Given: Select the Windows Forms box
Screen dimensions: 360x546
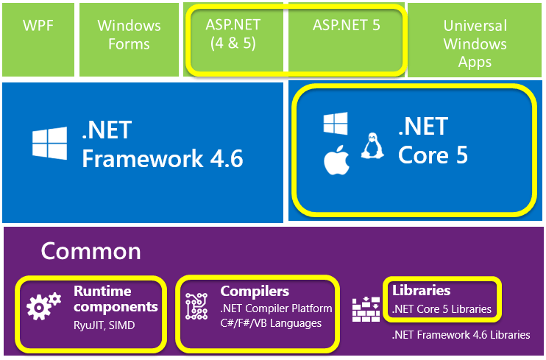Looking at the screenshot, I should point(129,35).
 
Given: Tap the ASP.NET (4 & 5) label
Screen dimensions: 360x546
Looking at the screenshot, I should point(233,34).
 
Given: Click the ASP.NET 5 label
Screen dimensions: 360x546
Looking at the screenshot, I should point(346,24).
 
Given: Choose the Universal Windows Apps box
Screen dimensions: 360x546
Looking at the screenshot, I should point(475,43).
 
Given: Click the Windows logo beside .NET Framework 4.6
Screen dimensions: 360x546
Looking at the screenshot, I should point(50,143).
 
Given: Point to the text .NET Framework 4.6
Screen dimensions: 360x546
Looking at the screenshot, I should point(162,144).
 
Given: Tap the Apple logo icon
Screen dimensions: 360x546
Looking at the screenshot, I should point(335,161).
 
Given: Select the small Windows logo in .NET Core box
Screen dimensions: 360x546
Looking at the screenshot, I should point(336,124).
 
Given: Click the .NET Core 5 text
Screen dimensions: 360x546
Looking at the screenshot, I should point(433,141).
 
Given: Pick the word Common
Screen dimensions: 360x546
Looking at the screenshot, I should point(91,251).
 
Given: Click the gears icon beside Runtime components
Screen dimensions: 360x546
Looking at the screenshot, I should point(41,306).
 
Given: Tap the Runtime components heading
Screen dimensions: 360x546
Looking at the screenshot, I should point(116,298).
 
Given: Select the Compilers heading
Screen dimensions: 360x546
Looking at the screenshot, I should point(255,291).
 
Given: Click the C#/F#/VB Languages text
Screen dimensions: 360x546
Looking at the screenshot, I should point(272,323).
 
